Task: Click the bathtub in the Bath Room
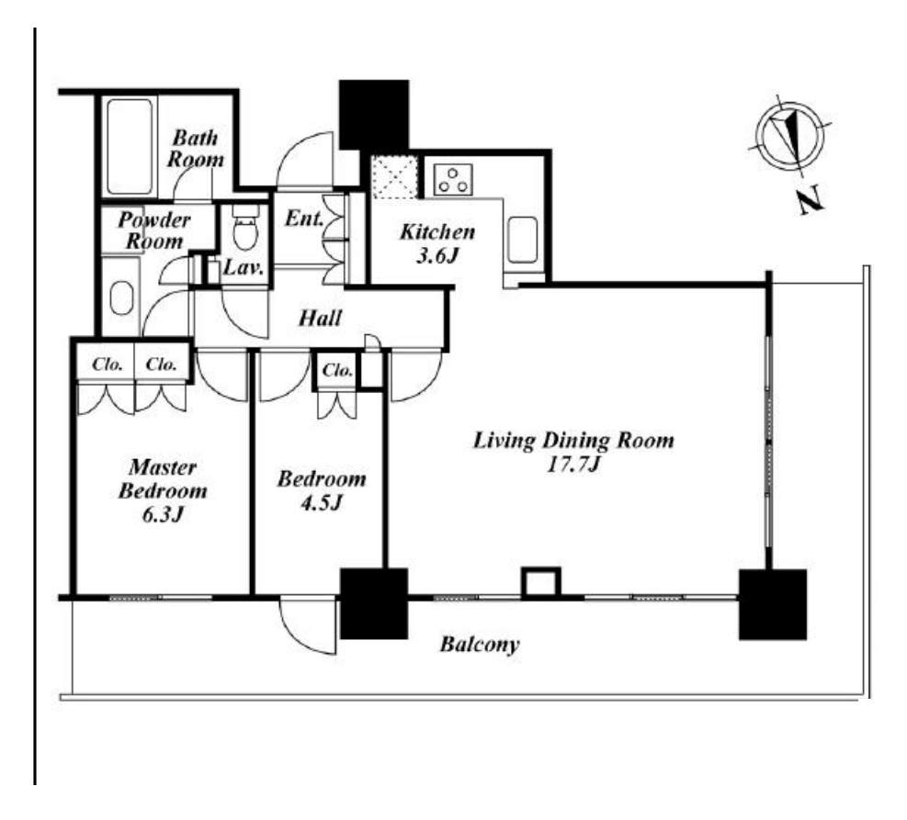[x=130, y=147]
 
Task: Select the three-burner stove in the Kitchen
[x=453, y=179]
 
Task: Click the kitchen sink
[x=524, y=240]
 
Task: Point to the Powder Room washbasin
[x=121, y=297]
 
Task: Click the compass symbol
[x=790, y=137]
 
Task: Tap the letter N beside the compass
[x=811, y=200]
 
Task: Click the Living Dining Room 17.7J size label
[x=573, y=464]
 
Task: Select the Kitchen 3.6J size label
[x=437, y=255]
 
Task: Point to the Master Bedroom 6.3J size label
[x=163, y=515]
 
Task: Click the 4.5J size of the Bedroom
[x=322, y=503]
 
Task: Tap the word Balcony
[x=480, y=645]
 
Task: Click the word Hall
[x=320, y=318]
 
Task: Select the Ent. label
[x=303, y=219]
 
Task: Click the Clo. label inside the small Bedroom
[x=337, y=370]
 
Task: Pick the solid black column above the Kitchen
[x=374, y=115]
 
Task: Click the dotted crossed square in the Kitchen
[x=394, y=176]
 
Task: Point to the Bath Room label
[x=196, y=149]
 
